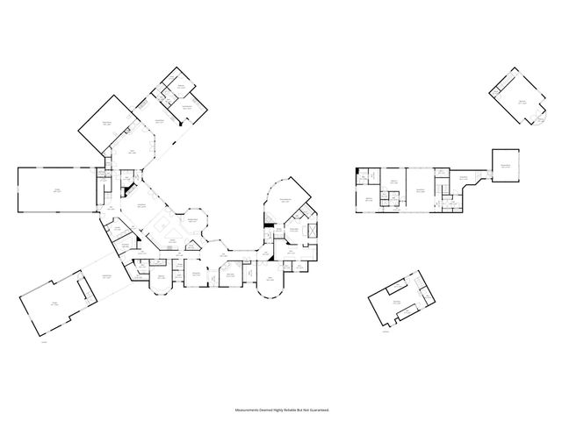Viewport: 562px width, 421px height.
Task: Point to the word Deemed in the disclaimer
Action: (x=264, y=409)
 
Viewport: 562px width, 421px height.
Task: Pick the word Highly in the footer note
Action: (x=277, y=409)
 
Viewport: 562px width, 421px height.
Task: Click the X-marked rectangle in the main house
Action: (x=310, y=230)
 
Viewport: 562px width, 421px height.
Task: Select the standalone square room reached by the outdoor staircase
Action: (x=506, y=165)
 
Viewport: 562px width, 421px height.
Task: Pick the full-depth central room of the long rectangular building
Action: (x=422, y=189)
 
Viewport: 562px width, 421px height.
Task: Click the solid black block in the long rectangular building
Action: (x=362, y=181)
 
